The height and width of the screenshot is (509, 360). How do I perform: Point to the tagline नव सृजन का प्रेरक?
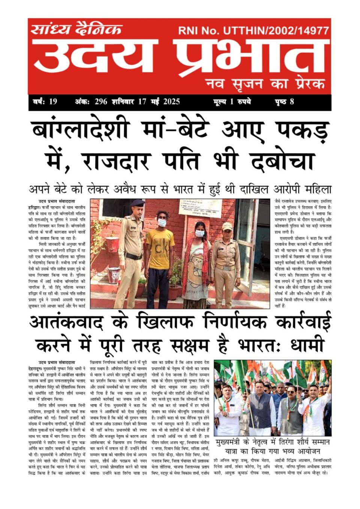coord(265,84)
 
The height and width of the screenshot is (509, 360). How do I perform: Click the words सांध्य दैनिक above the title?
coord(76,29)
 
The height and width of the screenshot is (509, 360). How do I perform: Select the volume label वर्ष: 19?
coord(45,102)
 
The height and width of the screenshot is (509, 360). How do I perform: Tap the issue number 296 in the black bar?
coord(101,102)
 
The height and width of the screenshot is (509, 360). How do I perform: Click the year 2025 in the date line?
coord(171,102)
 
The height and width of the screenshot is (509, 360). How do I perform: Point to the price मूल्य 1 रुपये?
coord(232,102)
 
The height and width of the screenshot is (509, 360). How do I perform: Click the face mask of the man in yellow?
coord(162,222)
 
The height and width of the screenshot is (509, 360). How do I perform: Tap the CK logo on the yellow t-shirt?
coord(162,249)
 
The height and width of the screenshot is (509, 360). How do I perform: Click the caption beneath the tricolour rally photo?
coord(273,447)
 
